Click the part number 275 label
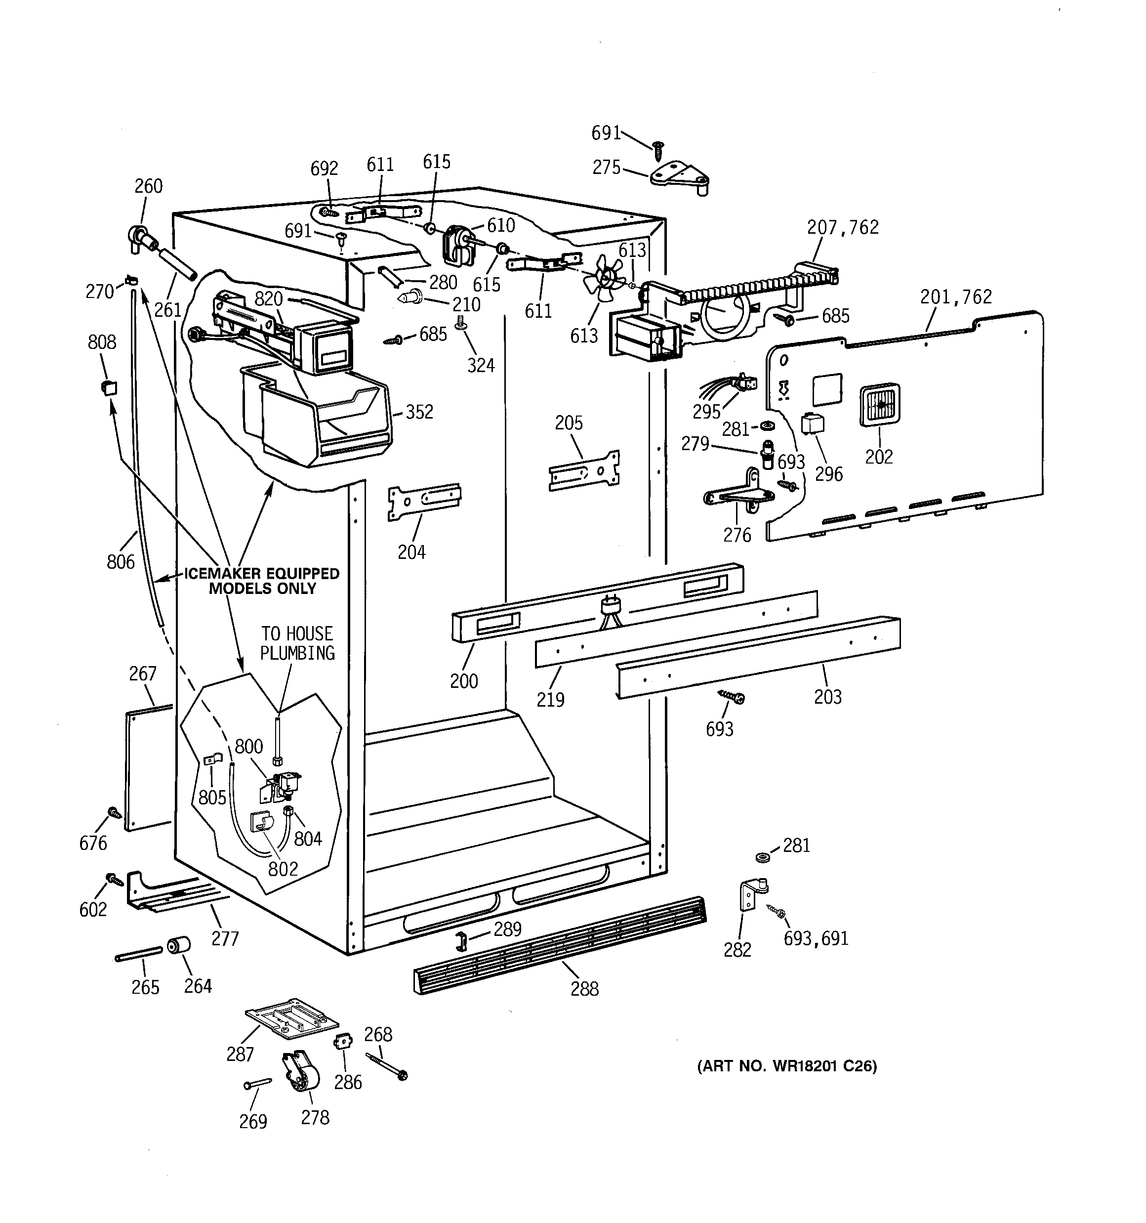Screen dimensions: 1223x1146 coord(606,168)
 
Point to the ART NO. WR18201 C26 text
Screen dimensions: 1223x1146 coord(787,1066)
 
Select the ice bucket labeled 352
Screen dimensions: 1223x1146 coord(317,414)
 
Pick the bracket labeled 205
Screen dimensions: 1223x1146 coord(584,470)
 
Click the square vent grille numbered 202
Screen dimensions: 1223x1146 coord(879,405)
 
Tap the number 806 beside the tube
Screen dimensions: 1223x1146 coord(121,561)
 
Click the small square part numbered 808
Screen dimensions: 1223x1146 coord(108,387)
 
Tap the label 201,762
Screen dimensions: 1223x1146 coord(956,297)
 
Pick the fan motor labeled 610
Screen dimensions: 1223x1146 coord(456,243)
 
